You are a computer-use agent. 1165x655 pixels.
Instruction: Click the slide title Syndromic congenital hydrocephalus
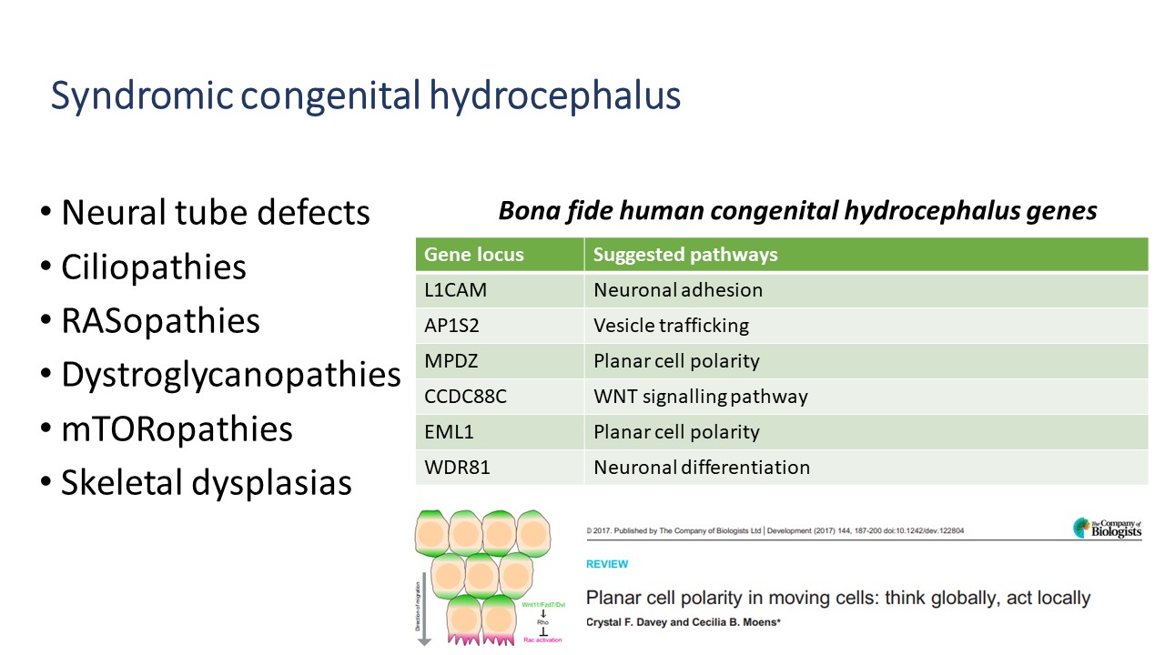pos(365,96)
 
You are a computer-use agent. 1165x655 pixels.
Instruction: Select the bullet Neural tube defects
pos(215,213)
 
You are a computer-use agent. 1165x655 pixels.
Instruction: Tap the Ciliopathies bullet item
pos(153,267)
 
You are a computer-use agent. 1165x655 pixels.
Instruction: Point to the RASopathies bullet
pos(160,321)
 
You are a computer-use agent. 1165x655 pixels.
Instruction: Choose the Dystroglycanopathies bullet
pos(230,375)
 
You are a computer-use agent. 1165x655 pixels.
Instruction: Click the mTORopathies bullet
pos(177,428)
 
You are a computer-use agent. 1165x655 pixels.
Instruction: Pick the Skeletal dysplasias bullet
pos(206,482)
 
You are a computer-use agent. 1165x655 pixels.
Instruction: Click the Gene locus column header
pos(474,255)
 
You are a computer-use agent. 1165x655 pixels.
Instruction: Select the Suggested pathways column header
pos(685,255)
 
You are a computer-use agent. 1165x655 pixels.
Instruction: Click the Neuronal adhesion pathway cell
pos(678,290)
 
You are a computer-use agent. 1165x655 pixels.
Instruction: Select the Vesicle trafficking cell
pos(671,326)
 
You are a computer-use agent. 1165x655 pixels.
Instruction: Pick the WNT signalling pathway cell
pos(700,397)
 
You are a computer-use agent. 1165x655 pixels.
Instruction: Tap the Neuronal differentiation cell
pos(701,468)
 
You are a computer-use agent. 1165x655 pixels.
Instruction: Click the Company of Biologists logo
pos(1107,529)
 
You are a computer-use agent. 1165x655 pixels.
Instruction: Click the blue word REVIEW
pos(607,564)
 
